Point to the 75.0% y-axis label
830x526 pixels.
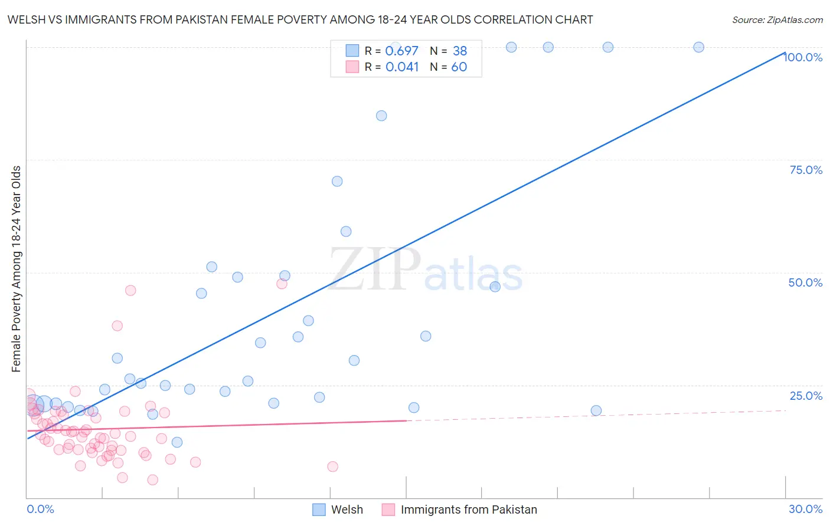pyautogui.click(x=806, y=170)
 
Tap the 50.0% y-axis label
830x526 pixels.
pyautogui.click(x=805, y=282)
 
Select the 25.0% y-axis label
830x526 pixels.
pyautogui.click(x=806, y=396)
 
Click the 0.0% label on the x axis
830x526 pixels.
pyautogui.click(x=40, y=509)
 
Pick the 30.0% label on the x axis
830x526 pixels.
pyautogui.click(x=805, y=509)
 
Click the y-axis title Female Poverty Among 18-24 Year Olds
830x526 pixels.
pyautogui.click(x=16, y=269)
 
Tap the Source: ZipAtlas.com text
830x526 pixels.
pyautogui.click(x=777, y=20)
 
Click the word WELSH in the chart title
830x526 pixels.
pyautogui.click(x=24, y=19)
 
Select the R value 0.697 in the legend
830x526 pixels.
pyautogui.click(x=401, y=51)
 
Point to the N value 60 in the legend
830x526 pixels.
pyautogui.click(x=459, y=67)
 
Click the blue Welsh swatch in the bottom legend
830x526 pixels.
pyautogui.click(x=319, y=509)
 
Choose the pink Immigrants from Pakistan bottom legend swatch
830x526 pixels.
pyautogui.click(x=388, y=509)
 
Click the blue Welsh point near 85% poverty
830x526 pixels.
pyautogui.click(x=381, y=116)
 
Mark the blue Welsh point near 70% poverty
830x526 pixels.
pyautogui.click(x=337, y=181)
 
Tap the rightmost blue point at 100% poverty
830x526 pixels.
pyautogui.click(x=698, y=47)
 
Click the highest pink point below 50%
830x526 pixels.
pyautogui.click(x=282, y=284)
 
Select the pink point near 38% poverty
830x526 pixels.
pyautogui.click(x=117, y=326)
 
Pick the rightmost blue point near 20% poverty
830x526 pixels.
pyautogui.click(x=596, y=410)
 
